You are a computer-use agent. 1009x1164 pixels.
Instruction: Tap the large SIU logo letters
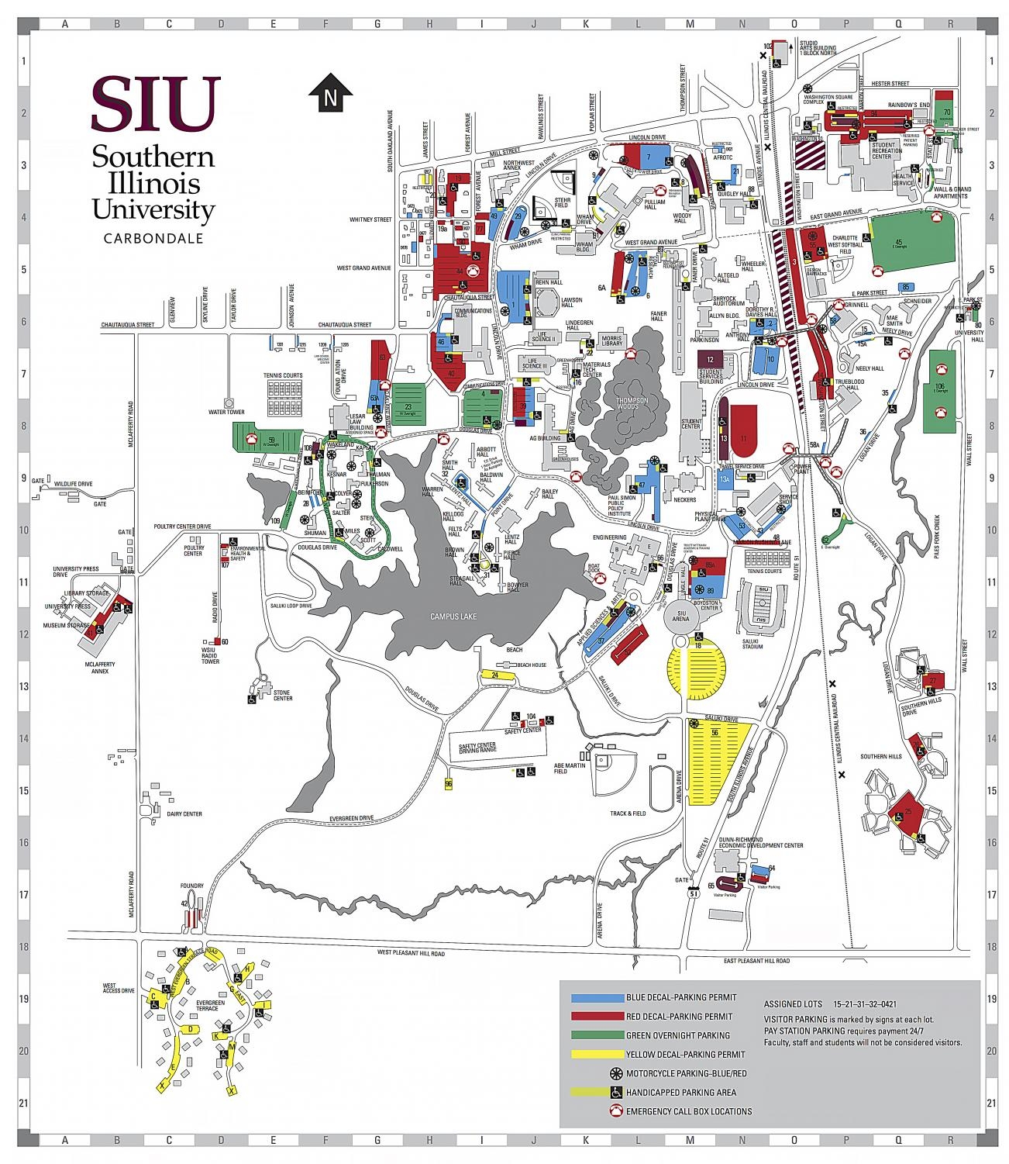point(156,105)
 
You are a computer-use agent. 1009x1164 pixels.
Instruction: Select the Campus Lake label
point(453,617)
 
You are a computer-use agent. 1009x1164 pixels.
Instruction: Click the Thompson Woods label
point(631,403)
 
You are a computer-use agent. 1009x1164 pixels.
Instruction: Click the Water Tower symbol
point(229,403)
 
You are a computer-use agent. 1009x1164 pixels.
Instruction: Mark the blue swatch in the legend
point(597,997)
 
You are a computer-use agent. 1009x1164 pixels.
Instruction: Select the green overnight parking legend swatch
point(597,1035)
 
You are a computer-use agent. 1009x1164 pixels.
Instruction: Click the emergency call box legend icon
point(616,1110)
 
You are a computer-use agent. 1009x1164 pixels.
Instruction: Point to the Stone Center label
point(282,695)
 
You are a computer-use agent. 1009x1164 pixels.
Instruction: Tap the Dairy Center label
point(184,813)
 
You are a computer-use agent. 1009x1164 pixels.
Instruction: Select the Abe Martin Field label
point(570,768)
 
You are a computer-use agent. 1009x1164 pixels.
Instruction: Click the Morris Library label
point(611,341)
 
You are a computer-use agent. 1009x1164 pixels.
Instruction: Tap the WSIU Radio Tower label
point(210,658)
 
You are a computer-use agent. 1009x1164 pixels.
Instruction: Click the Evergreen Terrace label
point(210,1005)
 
